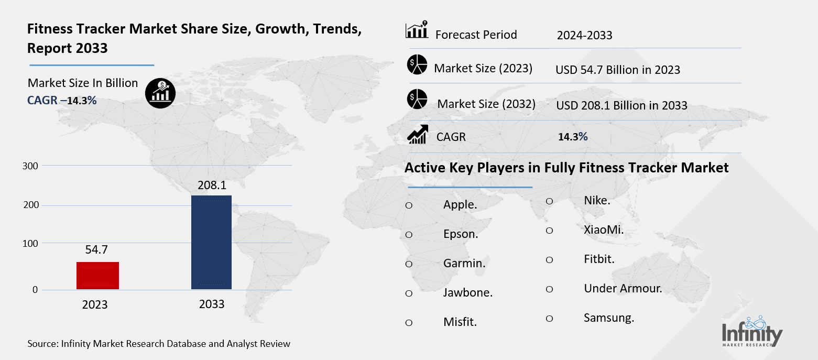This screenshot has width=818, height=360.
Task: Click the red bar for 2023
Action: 97,275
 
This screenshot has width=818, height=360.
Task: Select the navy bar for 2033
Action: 211,242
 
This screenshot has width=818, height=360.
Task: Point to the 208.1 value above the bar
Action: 211,185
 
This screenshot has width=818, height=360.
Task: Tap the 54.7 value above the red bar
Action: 97,250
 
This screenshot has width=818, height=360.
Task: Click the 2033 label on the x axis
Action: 211,304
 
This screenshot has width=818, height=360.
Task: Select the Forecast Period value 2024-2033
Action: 584,36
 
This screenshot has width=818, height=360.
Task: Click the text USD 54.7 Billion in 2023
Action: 618,70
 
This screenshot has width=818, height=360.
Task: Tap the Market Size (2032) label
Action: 486,104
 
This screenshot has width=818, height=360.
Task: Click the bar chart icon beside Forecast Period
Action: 417,30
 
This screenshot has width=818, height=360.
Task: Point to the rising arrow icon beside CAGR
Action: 418,135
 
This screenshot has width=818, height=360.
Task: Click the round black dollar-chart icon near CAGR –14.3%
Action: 160,93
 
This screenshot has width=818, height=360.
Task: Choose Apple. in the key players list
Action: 460,205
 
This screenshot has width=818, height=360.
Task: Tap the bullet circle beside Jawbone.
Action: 409,293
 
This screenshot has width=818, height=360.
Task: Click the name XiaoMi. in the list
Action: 604,230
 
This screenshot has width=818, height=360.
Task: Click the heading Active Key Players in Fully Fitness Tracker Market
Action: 566,168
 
